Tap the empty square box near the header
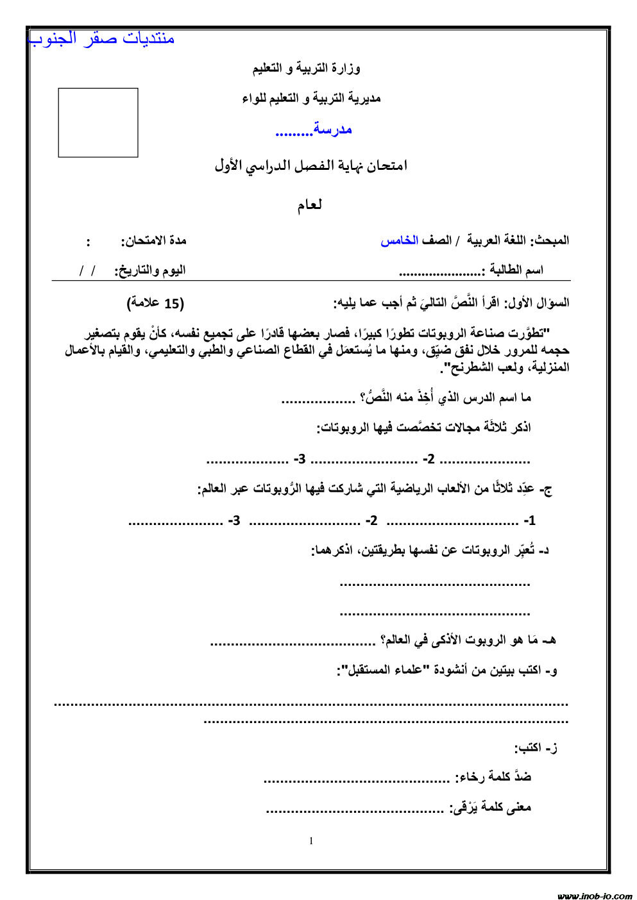[x=98, y=122]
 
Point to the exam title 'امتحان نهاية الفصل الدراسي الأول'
[x=310, y=166]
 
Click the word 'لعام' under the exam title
[x=309, y=205]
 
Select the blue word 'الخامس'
[x=399, y=241]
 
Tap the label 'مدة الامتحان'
[x=154, y=241]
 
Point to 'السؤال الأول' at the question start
[x=538, y=303]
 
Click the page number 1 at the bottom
[x=312, y=841]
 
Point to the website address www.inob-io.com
[x=594, y=896]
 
